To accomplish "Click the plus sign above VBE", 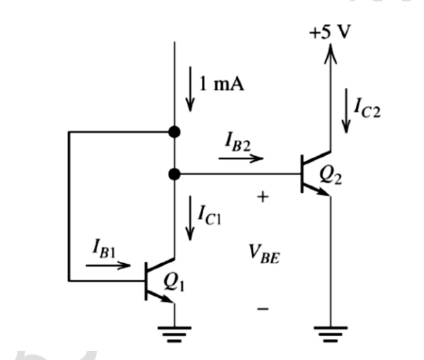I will [x=263, y=198].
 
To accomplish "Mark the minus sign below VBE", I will [x=263, y=310].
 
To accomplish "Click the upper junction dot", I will [x=175, y=132].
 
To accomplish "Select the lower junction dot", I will [x=175, y=174].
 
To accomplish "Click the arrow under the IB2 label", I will [x=241, y=159].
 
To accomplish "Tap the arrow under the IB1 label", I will [x=110, y=265].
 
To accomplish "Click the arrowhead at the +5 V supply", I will [x=331, y=51].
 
